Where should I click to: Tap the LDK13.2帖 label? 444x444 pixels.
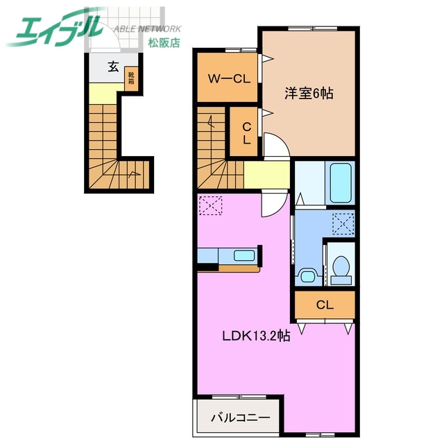click(255, 336)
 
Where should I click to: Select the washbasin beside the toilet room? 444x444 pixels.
click(306, 273)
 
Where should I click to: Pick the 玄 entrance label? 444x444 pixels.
click(112, 67)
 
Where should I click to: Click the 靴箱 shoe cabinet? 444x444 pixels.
click(130, 78)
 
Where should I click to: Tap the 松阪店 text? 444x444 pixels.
click(163, 42)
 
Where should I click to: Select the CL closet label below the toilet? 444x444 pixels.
click(324, 305)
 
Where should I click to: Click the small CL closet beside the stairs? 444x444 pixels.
click(246, 133)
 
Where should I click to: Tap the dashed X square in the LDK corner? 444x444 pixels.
click(208, 205)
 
